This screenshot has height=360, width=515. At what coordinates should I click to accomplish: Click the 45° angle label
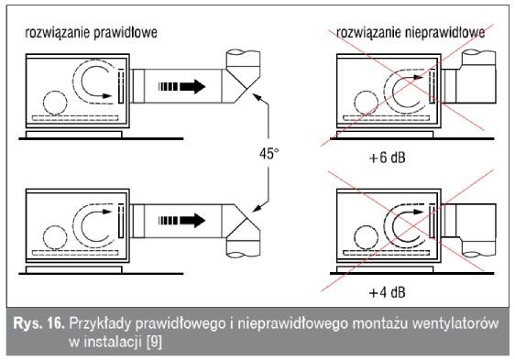[x=269, y=153]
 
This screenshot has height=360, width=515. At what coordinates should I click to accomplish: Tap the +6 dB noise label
[x=388, y=158]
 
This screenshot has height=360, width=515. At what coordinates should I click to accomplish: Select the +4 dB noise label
[x=388, y=292]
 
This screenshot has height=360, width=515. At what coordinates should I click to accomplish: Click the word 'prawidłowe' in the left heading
[x=125, y=33]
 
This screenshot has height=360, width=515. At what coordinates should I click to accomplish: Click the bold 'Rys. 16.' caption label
[x=38, y=324]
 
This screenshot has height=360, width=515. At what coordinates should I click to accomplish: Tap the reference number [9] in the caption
[x=154, y=343]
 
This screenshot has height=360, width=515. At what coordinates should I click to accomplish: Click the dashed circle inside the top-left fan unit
[x=55, y=103]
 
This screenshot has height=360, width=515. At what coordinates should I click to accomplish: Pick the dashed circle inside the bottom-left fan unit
[x=55, y=237]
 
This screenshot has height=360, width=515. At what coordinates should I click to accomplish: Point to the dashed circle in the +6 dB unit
[x=367, y=103]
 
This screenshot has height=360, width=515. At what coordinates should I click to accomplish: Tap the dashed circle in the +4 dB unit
[x=367, y=237]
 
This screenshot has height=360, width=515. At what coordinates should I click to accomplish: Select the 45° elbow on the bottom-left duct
[x=242, y=231]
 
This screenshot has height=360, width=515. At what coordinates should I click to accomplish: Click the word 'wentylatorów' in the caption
[x=455, y=324]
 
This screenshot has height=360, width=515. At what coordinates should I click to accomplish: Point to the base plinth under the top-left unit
[x=74, y=135]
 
